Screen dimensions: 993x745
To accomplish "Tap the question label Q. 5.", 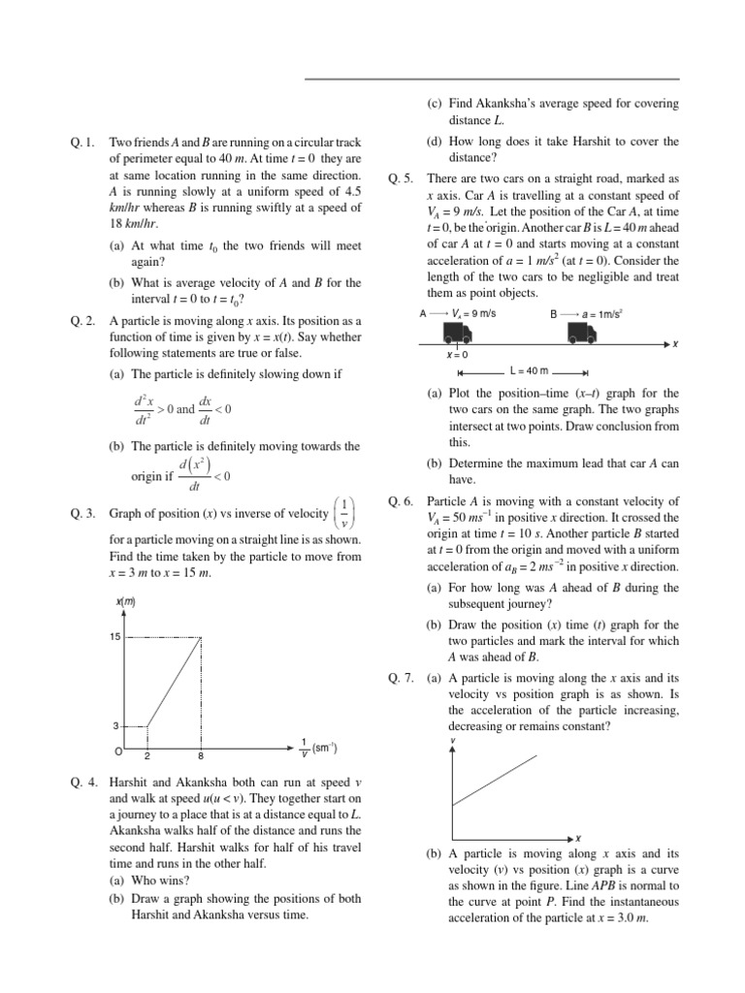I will point(400,179).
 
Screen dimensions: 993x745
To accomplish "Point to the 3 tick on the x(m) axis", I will point(115,725).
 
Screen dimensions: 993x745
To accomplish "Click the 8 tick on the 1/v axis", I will point(201,755).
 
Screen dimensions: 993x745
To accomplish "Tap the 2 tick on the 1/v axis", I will point(146,755).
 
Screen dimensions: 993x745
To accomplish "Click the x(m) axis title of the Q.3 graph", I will point(126,602).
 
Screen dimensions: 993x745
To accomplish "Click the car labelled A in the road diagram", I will point(458,333).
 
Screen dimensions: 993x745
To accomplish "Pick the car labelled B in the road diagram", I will point(582,333).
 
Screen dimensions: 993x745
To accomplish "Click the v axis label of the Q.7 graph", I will point(453,742).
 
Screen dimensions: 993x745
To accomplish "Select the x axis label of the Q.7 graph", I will point(578,837).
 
